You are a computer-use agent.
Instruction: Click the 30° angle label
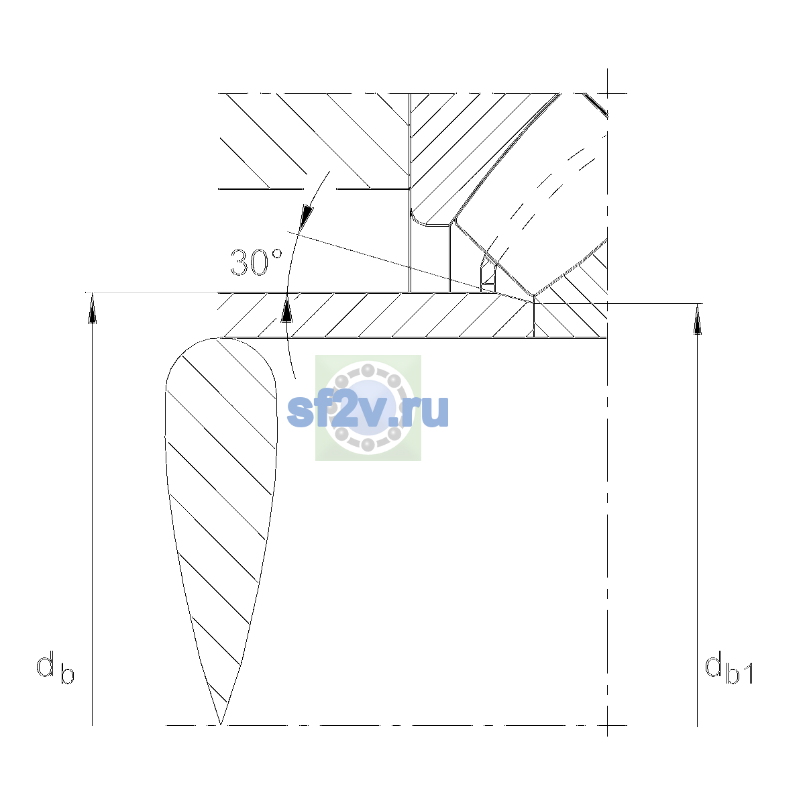pyautogui.click(x=256, y=262)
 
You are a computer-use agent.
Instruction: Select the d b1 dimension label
pyautogui.click(x=729, y=669)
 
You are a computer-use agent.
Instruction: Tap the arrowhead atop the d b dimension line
pyautogui.click(x=93, y=308)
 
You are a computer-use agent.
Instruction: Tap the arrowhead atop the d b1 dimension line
pyautogui.click(x=697, y=319)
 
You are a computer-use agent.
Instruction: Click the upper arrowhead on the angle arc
pyautogui.click(x=307, y=217)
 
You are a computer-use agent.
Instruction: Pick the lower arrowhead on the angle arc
pyautogui.click(x=286, y=309)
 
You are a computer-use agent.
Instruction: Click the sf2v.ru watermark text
pyautogui.click(x=368, y=411)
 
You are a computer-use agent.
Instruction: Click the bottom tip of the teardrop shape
pyautogui.click(x=221, y=724)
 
